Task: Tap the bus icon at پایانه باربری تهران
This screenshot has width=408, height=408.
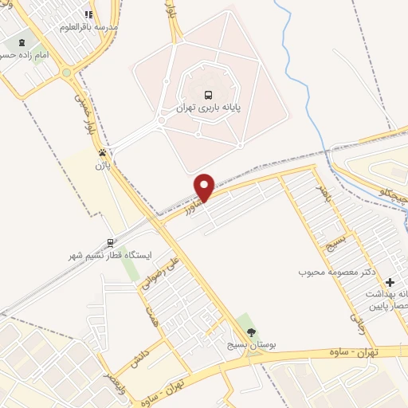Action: click(208, 92)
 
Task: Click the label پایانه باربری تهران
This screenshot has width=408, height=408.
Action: click(208, 106)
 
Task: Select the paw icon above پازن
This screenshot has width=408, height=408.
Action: click(102, 151)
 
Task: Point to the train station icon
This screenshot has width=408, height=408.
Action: click(110, 242)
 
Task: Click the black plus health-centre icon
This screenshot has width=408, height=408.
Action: click(390, 282)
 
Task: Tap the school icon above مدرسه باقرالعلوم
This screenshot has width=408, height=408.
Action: click(88, 14)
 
